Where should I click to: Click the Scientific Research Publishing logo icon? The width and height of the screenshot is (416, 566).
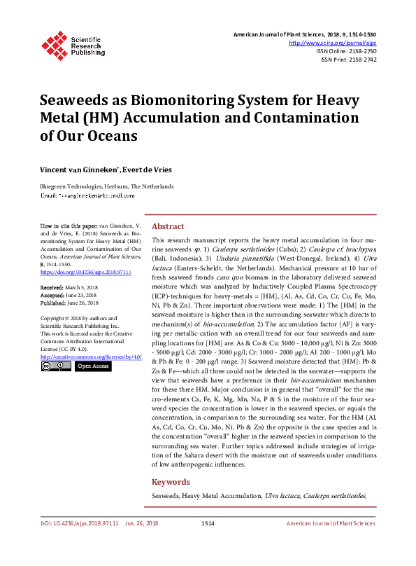(x=55, y=43)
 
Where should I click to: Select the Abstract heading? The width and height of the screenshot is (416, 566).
(x=168, y=226)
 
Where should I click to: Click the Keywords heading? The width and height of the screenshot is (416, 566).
(x=171, y=482)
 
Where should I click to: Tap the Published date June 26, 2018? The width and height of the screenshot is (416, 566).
(x=81, y=303)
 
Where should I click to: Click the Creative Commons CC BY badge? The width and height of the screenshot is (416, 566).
(x=56, y=366)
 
